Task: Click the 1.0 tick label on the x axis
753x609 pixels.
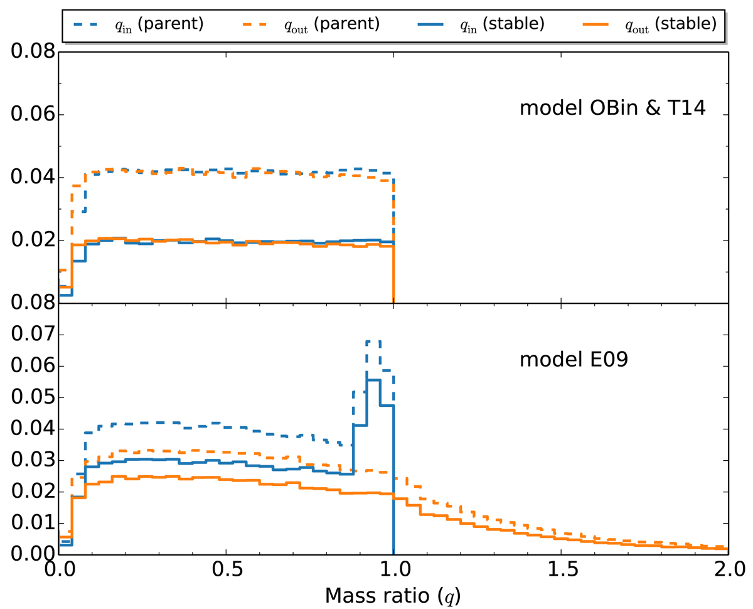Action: point(393,570)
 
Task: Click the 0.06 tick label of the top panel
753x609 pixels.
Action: point(29,116)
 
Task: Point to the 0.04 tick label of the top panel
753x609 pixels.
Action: point(29,178)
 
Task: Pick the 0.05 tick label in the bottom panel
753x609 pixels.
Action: point(29,398)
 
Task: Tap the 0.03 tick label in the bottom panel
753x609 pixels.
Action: point(29,461)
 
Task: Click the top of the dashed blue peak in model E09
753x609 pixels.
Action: point(373,341)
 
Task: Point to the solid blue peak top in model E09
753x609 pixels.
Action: point(373,380)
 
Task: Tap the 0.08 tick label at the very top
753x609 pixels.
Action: point(29,53)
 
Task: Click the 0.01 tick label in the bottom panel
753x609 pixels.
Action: point(29,524)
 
